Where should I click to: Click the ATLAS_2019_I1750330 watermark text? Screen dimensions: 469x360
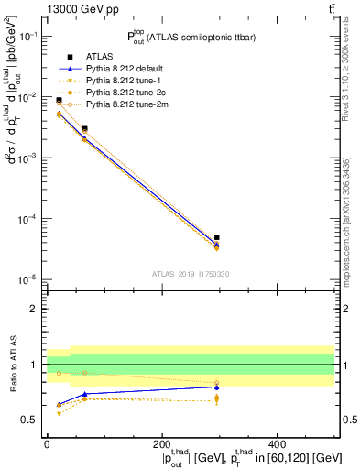click(191, 274)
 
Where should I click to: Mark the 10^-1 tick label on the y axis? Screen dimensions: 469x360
click(27, 36)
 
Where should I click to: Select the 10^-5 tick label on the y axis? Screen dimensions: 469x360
click(27, 279)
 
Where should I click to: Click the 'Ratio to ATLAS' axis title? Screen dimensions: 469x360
click(11, 365)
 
